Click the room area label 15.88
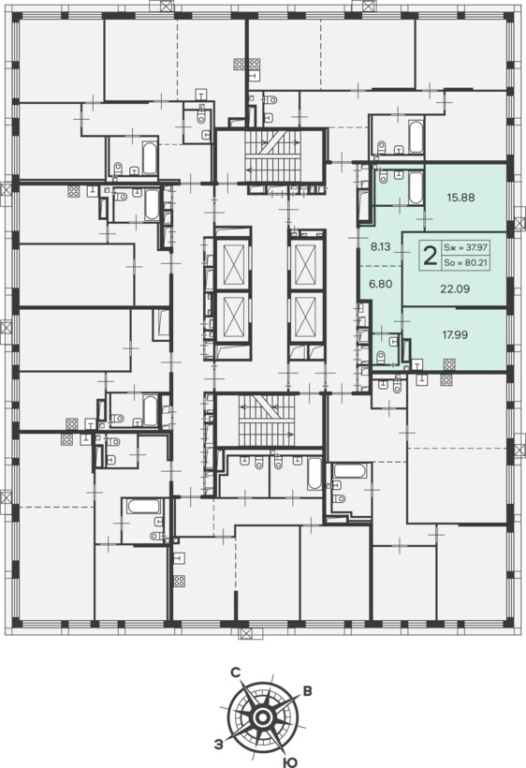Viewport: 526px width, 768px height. coord(460,198)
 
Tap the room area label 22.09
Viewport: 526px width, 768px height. coord(455,289)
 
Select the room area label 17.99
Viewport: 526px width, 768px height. coord(455,335)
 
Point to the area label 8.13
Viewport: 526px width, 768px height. coord(380,247)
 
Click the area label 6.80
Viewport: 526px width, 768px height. coord(380,284)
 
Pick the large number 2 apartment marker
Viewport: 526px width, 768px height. coord(430,256)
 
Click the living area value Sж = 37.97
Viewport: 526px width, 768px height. coord(466,248)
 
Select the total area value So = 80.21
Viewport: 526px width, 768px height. coord(466,263)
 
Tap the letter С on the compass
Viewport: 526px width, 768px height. coord(235,673)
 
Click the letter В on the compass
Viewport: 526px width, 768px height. coord(307,691)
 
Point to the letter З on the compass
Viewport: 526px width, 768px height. coord(219,745)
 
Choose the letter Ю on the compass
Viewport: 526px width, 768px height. coord(290,761)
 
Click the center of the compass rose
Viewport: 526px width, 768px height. coord(262,718)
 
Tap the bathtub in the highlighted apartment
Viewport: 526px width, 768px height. coord(416,188)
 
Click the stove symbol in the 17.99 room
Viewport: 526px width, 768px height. coord(448,364)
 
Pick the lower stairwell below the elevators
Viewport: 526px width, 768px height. coord(267,420)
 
